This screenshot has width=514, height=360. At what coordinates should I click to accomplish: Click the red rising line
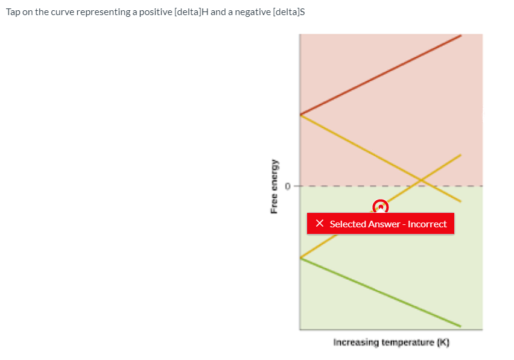tap(381, 75)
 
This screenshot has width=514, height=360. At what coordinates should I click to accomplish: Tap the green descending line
tap(381, 292)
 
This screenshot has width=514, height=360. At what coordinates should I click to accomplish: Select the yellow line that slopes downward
tap(381, 158)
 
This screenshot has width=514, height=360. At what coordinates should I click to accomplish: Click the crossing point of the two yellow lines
tap(421, 180)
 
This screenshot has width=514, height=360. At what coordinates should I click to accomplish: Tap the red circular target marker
tap(381, 207)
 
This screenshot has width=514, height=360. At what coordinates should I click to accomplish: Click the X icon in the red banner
tap(320, 223)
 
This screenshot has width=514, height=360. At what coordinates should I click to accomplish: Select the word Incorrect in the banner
tap(427, 224)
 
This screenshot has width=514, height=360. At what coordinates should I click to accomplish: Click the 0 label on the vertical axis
tap(288, 186)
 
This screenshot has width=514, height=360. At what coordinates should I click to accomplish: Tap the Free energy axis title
tap(274, 186)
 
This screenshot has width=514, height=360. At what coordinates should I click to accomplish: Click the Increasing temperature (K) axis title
tap(391, 343)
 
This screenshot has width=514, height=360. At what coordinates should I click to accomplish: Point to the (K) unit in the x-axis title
tap(443, 343)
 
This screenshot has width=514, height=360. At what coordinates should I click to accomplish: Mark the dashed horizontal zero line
tap(389, 186)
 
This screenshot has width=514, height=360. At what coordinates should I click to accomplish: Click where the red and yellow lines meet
tap(300, 115)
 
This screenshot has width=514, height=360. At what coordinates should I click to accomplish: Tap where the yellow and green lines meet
tap(300, 258)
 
